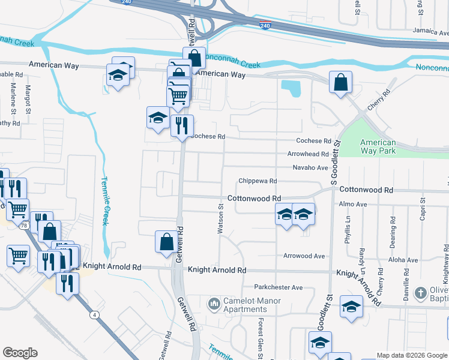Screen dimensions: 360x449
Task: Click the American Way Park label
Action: (x=378, y=146)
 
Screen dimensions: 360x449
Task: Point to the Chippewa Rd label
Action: (x=257, y=181)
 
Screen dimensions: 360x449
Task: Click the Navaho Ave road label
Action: (x=310, y=167)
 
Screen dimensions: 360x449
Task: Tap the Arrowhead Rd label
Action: (x=307, y=154)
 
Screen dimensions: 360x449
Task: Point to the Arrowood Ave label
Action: (x=304, y=256)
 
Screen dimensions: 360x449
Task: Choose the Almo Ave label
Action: (x=353, y=205)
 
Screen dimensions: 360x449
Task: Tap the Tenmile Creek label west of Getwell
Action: (x=104, y=200)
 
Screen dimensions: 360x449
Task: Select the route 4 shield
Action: (x=95, y=314)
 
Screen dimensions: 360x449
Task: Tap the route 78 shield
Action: (x=23, y=226)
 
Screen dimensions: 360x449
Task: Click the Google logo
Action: (x=20, y=353)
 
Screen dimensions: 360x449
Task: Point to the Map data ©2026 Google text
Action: (x=412, y=355)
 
